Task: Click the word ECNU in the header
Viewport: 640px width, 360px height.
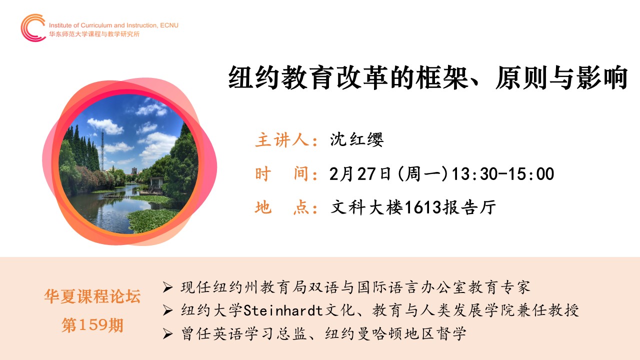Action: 169,25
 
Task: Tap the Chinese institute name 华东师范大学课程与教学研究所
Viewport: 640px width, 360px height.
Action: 94,34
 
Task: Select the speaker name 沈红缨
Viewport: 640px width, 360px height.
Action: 356,139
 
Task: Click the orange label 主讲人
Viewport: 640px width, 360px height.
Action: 281,139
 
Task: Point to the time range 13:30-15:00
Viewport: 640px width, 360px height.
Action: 503,173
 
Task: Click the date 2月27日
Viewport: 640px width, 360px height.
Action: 360,173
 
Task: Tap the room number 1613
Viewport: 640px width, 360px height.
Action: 423,207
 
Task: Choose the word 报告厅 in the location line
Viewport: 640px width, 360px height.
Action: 469,207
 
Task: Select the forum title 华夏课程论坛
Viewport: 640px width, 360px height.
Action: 92,296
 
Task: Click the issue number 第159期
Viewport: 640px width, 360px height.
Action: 92,325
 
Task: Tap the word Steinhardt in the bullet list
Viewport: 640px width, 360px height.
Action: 283,310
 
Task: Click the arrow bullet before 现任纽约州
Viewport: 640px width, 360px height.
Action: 167,287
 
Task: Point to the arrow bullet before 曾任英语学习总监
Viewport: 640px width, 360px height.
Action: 167,333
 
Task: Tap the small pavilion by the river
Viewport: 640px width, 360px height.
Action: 156,185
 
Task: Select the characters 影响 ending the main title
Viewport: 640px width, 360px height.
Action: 602,77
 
